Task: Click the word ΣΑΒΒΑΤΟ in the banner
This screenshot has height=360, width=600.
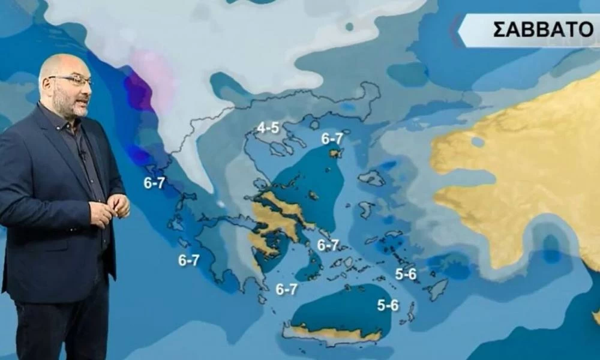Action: coord(543,29)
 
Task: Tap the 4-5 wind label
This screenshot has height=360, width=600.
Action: coord(268,127)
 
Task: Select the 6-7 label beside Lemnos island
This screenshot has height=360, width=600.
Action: coord(332,139)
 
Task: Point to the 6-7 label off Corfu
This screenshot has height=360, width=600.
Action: coord(154,184)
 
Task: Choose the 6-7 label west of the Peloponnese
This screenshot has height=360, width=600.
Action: coord(188,260)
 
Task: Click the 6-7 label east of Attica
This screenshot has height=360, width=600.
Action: coord(328,245)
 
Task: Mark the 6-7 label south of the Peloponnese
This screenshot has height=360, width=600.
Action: coord(286,289)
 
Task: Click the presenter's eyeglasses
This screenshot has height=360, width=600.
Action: coord(72,80)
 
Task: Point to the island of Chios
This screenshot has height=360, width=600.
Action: coord(365,209)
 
